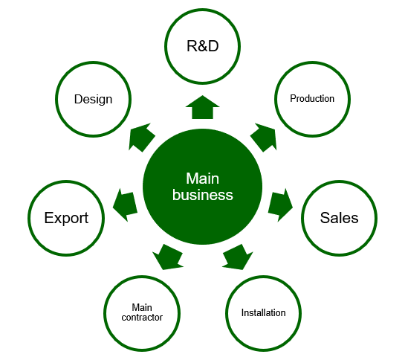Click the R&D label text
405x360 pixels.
(x=202, y=46)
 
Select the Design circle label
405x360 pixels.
(x=93, y=100)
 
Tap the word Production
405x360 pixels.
(x=312, y=98)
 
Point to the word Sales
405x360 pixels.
(x=339, y=218)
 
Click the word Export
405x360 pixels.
(x=66, y=218)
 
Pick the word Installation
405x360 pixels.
(x=264, y=312)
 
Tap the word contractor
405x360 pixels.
(x=142, y=318)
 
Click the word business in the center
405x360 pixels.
(x=203, y=195)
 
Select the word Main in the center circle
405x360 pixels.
(x=203, y=179)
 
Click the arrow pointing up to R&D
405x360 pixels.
(x=202, y=108)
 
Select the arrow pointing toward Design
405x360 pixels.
(x=141, y=137)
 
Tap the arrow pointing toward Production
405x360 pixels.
(x=264, y=137)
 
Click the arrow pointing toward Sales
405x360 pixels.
(x=280, y=205)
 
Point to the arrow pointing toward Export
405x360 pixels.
(x=125, y=205)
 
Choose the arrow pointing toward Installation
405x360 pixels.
(x=238, y=257)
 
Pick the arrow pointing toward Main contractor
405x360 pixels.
(x=168, y=257)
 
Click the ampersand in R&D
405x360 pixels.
(x=203, y=46)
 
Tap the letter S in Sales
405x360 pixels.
(x=325, y=218)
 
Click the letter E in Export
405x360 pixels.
(x=48, y=218)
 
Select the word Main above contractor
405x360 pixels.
(x=142, y=307)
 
